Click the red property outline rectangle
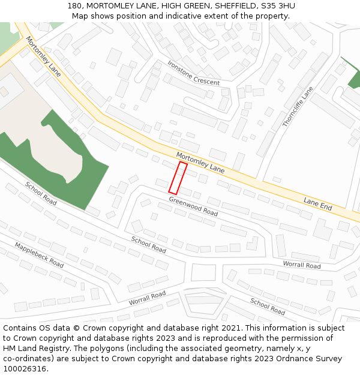[178, 178]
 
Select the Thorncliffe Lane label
[298, 107]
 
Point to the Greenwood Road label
[193, 206]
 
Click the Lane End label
[317, 204]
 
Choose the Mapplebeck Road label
[39, 255]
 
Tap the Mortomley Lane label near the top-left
[43, 56]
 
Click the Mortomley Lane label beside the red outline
[200, 163]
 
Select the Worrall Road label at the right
[301, 265]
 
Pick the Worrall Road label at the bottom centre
[147, 298]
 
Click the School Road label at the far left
[41, 193]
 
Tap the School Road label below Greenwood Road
[149, 244]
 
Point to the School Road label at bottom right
[268, 306]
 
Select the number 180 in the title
[74, 6]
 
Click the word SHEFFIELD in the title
[231, 6]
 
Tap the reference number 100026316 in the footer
[23, 369]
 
